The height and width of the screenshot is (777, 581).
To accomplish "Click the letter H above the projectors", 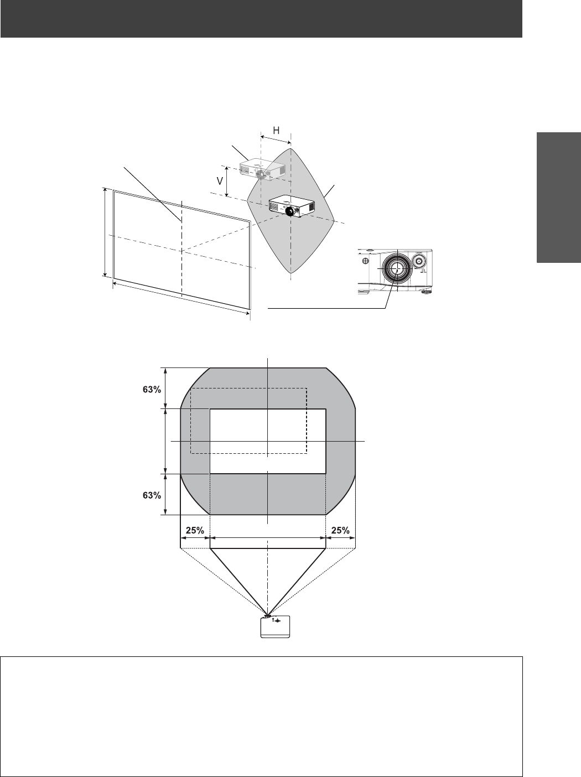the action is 275,131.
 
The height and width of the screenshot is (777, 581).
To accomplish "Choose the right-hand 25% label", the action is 340,530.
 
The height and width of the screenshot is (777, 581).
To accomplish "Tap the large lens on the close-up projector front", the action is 396,268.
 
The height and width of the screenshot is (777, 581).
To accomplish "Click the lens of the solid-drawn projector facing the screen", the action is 289,211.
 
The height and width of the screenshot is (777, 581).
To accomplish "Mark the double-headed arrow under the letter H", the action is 275,141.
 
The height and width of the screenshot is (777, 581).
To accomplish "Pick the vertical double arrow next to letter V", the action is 227,180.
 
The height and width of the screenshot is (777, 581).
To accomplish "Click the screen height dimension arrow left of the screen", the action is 105,231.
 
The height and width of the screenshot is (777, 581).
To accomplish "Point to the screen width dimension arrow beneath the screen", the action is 181,299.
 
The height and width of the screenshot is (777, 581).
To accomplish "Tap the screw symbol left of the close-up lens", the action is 365,261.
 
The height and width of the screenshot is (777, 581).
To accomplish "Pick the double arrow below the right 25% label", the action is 340,537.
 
